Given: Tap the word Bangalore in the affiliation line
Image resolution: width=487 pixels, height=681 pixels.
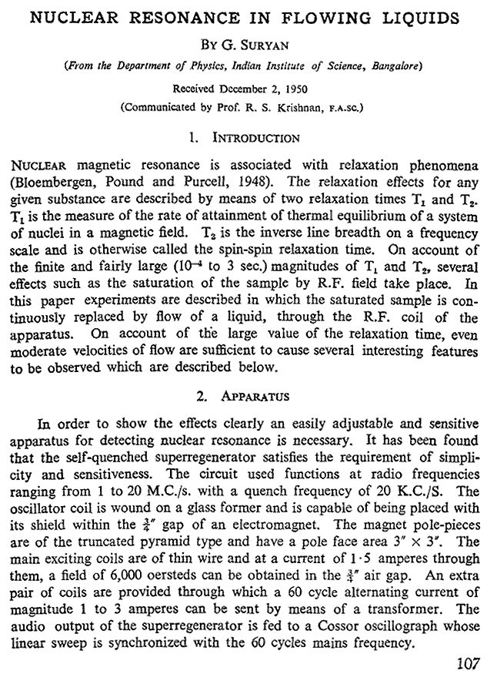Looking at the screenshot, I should [x=393, y=66].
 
